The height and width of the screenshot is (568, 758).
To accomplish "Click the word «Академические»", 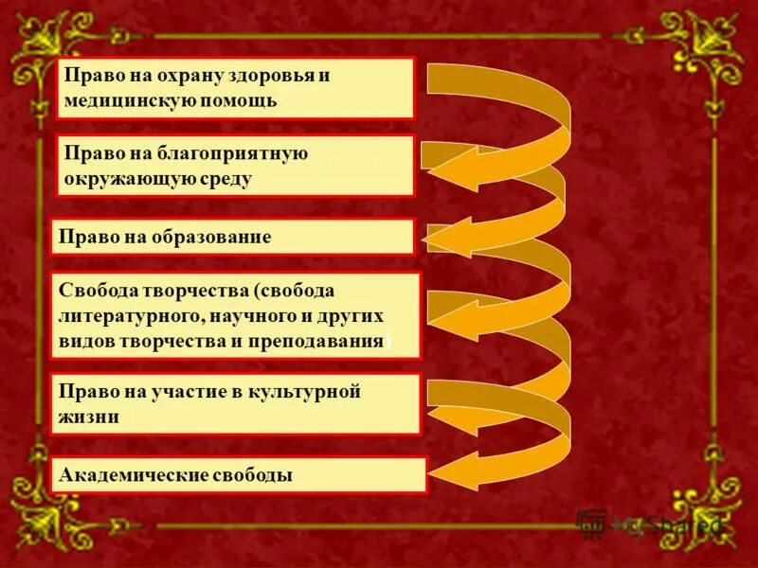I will click(132, 475).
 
